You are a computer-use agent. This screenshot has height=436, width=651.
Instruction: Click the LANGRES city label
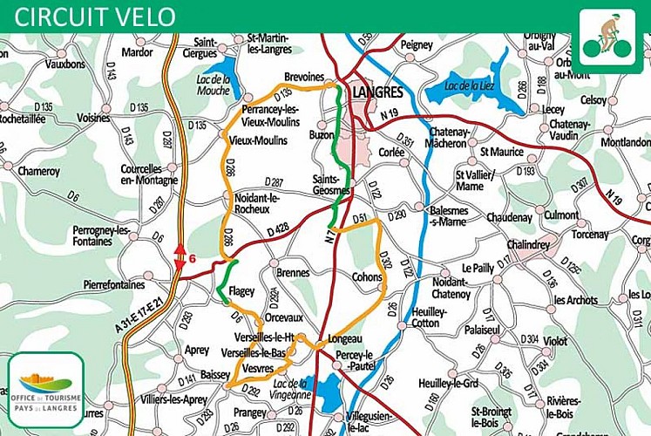click(377, 92)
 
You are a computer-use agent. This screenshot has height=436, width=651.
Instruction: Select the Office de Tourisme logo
click(45, 383)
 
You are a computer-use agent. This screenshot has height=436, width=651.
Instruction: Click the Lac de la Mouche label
click(214, 84)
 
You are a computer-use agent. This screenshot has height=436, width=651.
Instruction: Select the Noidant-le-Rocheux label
click(257, 203)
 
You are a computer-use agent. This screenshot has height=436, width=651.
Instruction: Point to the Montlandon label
click(625, 142)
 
